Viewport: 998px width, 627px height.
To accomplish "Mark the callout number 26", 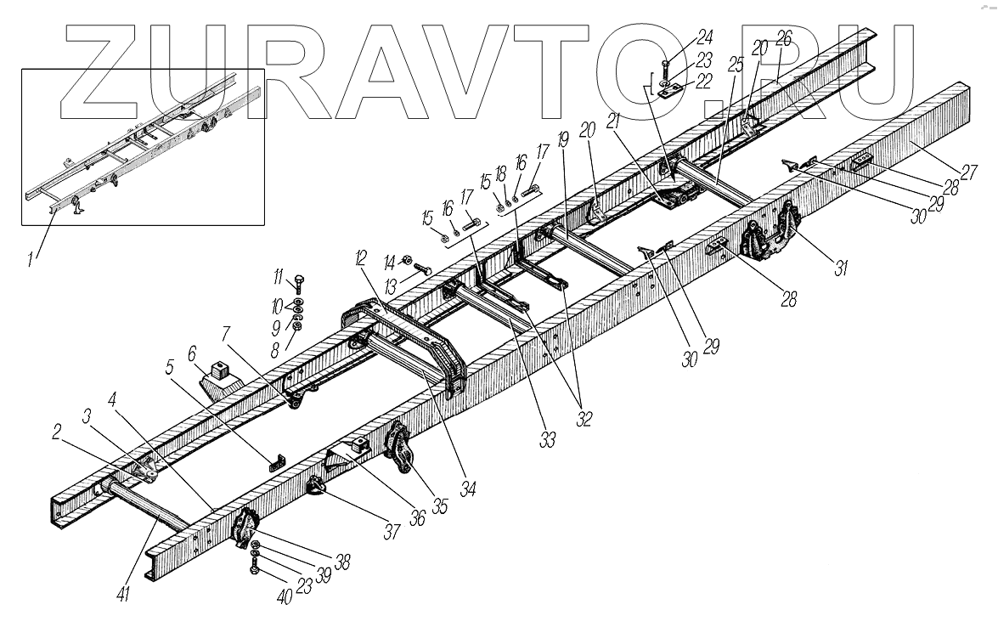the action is pos(782,38).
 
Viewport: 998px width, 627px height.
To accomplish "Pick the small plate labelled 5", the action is pos(277,463).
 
